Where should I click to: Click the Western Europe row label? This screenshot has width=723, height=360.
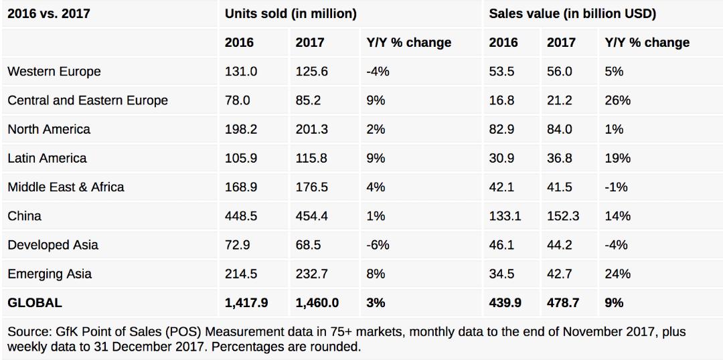click(x=54, y=72)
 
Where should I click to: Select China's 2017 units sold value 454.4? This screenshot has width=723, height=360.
click(x=313, y=215)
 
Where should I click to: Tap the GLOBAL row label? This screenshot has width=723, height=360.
click(x=35, y=302)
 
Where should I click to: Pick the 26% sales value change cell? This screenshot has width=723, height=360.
click(x=617, y=100)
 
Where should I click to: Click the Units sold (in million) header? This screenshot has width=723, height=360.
click(x=291, y=14)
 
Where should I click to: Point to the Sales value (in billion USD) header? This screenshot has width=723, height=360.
click(x=572, y=14)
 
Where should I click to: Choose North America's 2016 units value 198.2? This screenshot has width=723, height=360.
click(x=241, y=129)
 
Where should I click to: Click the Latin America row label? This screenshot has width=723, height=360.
click(x=47, y=158)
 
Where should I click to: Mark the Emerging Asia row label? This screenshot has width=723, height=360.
click(x=50, y=273)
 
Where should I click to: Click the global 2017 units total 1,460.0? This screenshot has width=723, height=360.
click(x=317, y=302)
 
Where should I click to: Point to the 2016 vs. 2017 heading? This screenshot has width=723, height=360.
click(x=48, y=14)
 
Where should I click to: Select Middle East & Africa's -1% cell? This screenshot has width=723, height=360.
click(x=616, y=187)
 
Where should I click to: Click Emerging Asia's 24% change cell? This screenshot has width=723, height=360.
click(x=617, y=273)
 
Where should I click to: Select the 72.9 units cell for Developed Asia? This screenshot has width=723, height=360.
click(x=238, y=244)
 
